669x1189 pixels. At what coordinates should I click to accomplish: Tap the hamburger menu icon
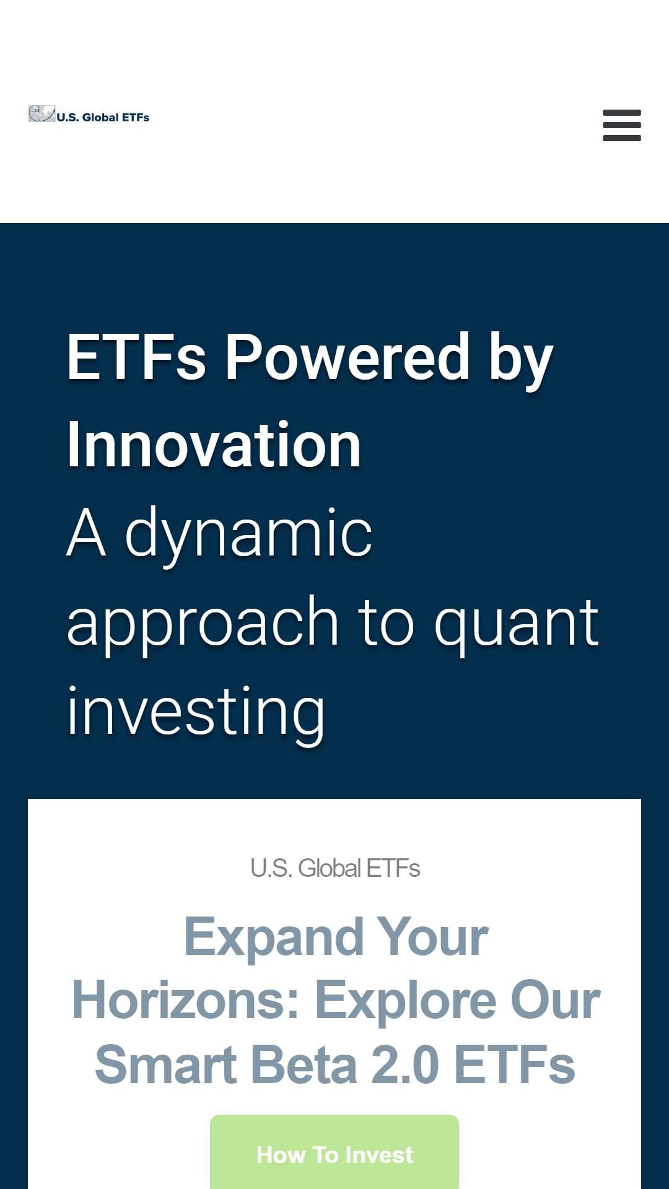pyautogui.click(x=622, y=126)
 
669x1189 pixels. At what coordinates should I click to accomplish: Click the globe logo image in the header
pyautogui.click(x=42, y=114)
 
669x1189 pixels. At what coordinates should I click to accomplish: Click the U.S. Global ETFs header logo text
pyautogui.click(x=103, y=117)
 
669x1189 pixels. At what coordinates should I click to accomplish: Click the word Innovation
pyautogui.click(x=214, y=445)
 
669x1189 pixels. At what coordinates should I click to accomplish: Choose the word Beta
pyautogui.click(x=304, y=1065)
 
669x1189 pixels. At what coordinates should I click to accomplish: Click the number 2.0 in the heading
pyautogui.click(x=405, y=1065)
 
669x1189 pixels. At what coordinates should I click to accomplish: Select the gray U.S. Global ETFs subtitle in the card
pyautogui.click(x=335, y=868)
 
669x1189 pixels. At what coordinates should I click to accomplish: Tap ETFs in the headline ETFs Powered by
pyautogui.click(x=136, y=357)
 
